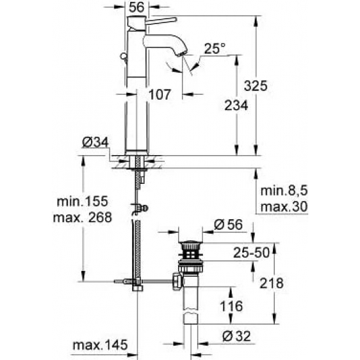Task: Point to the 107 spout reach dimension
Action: (x=158, y=94)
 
